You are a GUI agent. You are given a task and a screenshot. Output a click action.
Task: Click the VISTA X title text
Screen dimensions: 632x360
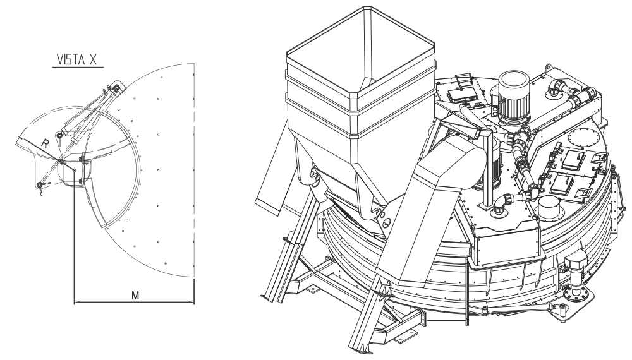click(x=77, y=59)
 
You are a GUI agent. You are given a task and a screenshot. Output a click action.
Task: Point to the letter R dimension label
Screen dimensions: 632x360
click(x=46, y=144)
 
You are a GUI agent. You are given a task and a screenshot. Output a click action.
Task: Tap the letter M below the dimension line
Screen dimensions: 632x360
click(x=135, y=295)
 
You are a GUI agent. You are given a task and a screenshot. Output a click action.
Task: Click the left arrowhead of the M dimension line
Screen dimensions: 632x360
click(x=77, y=302)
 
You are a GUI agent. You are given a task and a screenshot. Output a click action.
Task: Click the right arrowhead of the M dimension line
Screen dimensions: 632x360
click(x=191, y=302)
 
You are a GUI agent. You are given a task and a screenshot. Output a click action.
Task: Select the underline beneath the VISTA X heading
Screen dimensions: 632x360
click(x=78, y=67)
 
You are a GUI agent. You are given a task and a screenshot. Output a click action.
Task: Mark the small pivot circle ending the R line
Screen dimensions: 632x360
click(x=74, y=170)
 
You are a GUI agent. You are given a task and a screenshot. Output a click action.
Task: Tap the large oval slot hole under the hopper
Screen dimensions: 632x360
click(x=386, y=221)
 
